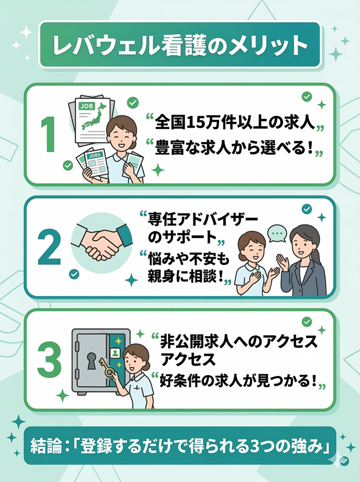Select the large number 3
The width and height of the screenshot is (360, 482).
(49, 359)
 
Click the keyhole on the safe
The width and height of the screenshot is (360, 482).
(92, 361)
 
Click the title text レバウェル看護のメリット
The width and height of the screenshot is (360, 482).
(179, 45)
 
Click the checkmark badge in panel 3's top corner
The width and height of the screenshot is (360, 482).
(307, 322)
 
